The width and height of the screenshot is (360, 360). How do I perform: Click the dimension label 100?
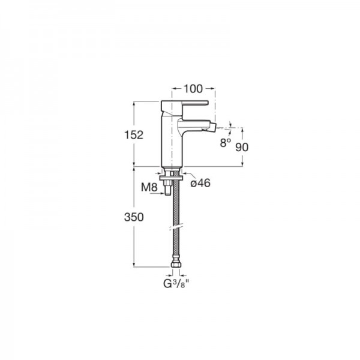[x=193, y=89]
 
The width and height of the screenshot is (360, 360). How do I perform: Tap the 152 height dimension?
[x=134, y=135]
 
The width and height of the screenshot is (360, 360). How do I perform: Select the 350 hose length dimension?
[x=134, y=217]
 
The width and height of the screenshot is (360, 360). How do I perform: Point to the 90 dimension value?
[x=242, y=147]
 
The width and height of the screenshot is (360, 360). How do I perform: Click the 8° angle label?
[x=226, y=143]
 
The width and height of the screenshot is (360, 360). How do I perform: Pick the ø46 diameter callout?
[x=200, y=183]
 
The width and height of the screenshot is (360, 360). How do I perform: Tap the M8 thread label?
[x=149, y=187]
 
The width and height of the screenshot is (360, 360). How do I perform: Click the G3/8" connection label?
[x=176, y=284]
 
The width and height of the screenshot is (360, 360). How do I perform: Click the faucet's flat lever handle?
[x=185, y=104]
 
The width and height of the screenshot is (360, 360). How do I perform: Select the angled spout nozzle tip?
[x=214, y=127]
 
